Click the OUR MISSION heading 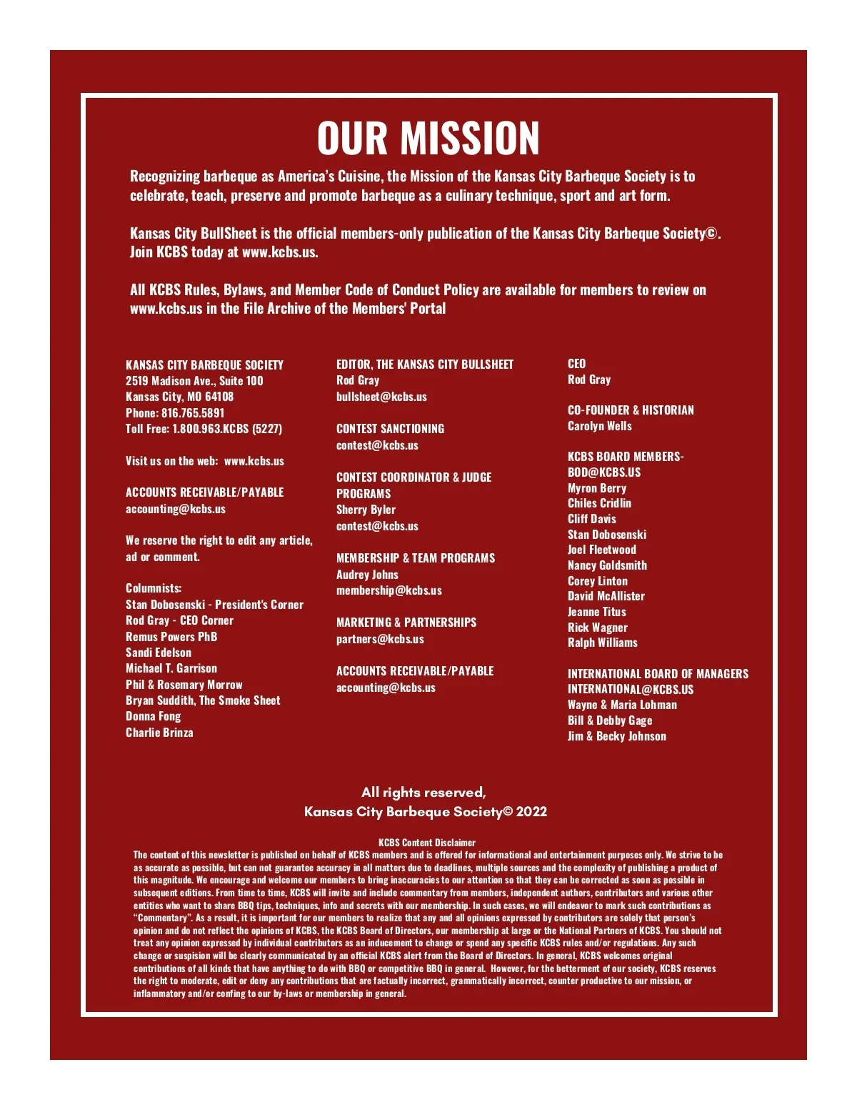coord(428,138)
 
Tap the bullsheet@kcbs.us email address coord(381,397)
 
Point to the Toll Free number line coord(204,429)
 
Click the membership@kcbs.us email coord(389,590)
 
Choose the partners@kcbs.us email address coord(380,639)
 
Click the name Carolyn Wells coord(599,426)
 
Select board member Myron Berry coord(596,488)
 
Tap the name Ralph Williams coord(602,643)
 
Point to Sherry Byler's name coord(366,510)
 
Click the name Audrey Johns coord(367,575)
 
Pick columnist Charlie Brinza coord(159,733)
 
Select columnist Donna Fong coord(153,716)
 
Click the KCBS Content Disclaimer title coord(427,843)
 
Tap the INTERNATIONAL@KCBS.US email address coord(631,690)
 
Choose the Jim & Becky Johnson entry coord(616,736)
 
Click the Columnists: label coord(154,588)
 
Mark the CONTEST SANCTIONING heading coord(390,429)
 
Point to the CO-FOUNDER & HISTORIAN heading coord(631,410)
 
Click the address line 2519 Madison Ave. coord(194,381)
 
